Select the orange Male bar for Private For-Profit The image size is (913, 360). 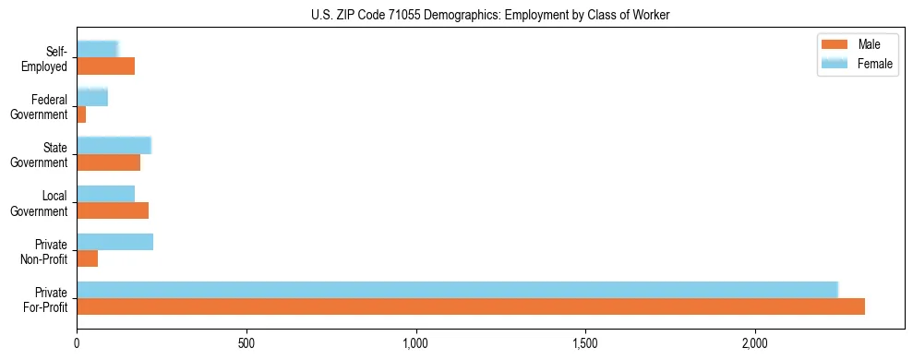click(x=471, y=306)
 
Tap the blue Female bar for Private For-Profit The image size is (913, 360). click(x=457, y=289)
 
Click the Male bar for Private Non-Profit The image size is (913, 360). click(x=88, y=258)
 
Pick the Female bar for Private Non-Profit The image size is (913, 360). click(x=115, y=242)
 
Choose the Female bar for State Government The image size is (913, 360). click(x=114, y=145)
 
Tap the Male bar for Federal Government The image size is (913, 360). click(x=81, y=114)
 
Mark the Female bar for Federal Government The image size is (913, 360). click(x=92, y=97)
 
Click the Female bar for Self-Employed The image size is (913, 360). click(x=98, y=49)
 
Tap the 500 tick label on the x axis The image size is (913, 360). click(x=246, y=343)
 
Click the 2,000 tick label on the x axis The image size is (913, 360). click(x=755, y=343)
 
